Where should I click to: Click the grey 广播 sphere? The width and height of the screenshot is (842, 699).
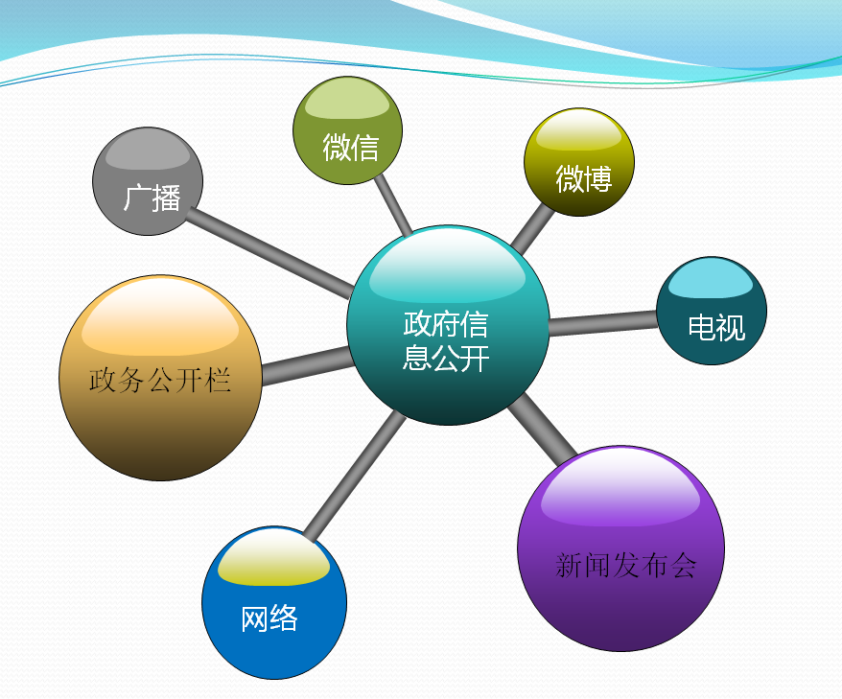click(148, 182)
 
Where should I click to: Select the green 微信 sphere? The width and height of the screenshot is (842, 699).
click(347, 130)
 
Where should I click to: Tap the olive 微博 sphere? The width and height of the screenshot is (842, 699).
click(579, 162)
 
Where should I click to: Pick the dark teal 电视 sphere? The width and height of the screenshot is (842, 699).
click(712, 311)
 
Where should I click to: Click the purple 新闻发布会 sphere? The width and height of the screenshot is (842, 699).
click(620, 548)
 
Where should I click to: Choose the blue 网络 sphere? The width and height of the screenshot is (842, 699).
click(273, 603)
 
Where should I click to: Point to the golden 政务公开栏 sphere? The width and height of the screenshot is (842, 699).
click(160, 378)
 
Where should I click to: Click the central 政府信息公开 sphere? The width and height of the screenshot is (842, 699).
click(448, 325)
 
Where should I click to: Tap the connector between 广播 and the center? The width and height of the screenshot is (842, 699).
click(273, 251)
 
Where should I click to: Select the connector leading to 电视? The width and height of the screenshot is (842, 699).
click(602, 322)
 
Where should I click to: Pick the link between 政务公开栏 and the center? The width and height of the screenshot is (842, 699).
click(305, 365)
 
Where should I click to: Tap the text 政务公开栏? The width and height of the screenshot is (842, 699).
click(160, 380)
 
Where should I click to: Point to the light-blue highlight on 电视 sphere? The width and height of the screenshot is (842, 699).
click(711, 279)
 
